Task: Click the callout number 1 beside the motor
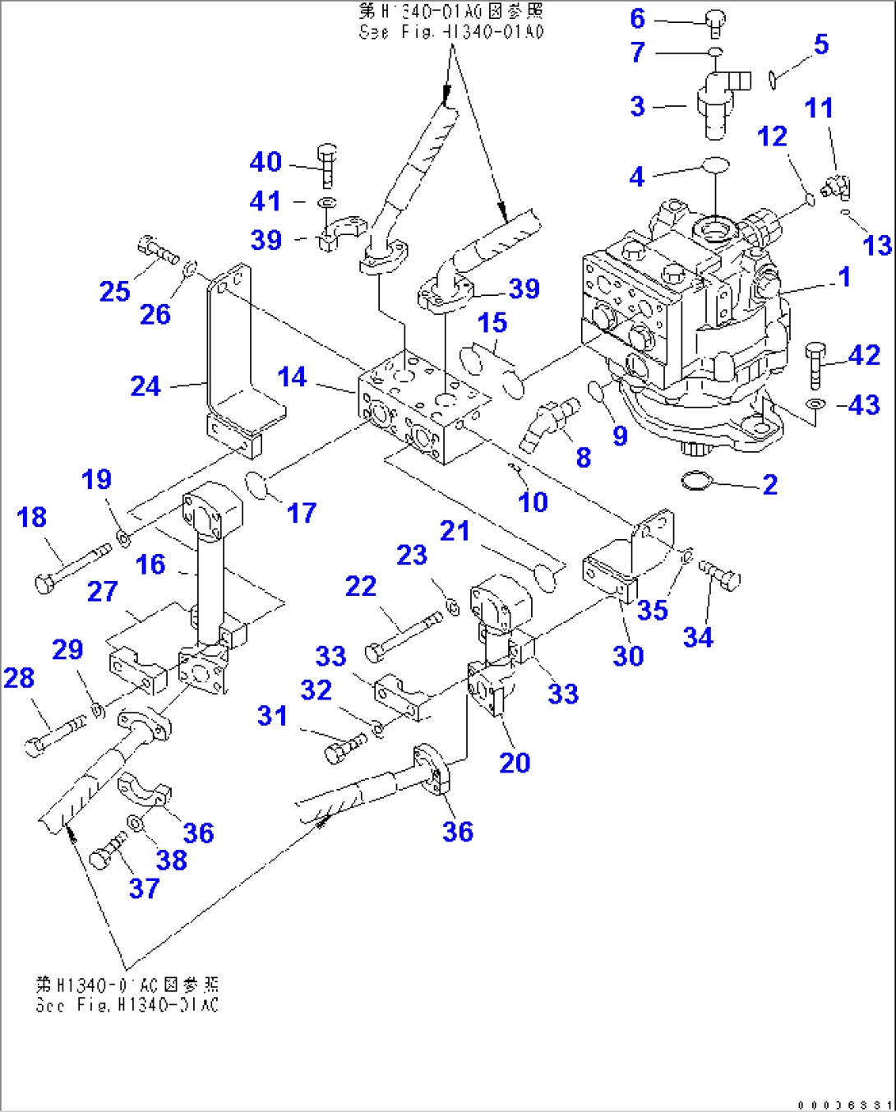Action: pos(844,277)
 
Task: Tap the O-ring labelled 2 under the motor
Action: pos(695,480)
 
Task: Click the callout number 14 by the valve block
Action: pos(292,377)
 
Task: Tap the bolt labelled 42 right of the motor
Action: pos(815,365)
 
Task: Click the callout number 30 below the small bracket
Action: pos(628,656)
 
